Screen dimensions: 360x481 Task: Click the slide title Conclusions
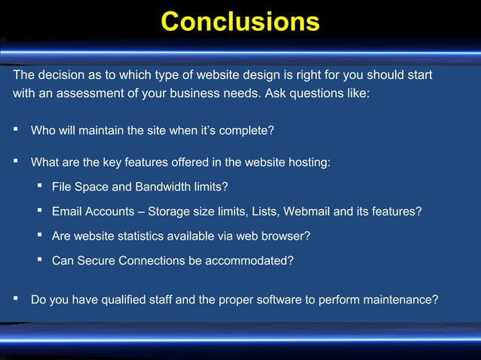[240, 22]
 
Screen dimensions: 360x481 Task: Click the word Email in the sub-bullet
[66, 212]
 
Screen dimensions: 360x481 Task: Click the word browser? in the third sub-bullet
[286, 236]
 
